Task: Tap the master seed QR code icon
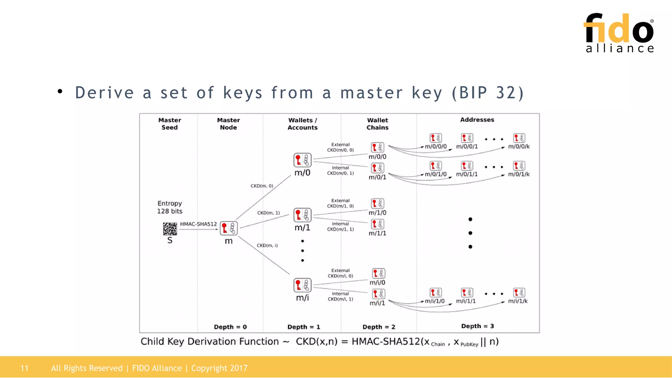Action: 170,229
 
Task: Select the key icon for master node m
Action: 228,228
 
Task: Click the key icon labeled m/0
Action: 302,160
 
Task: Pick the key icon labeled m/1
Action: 302,215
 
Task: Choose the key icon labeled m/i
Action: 302,285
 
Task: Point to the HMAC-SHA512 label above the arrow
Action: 198,224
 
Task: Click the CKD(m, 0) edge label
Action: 262,186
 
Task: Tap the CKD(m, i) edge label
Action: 267,245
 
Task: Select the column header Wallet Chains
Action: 377,124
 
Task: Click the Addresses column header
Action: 477,120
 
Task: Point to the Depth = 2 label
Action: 379,327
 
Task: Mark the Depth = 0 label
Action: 230,327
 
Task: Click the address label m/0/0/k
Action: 519,147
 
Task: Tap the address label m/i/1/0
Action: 434,301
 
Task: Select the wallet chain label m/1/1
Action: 377,233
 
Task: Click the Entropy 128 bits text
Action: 170,207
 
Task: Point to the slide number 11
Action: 24,368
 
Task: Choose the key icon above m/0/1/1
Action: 467,166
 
